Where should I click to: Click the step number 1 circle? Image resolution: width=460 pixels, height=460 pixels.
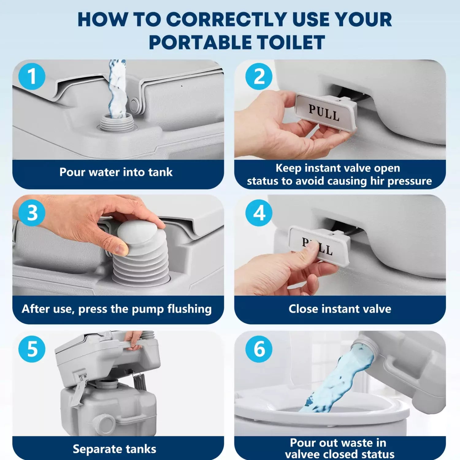pyautogui.click(x=32, y=76)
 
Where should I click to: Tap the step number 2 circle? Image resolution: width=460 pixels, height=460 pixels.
pyautogui.click(x=259, y=76)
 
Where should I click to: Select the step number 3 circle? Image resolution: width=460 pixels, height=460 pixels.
pyautogui.click(x=32, y=213)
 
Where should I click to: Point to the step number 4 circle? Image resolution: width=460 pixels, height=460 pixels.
pyautogui.click(x=259, y=213)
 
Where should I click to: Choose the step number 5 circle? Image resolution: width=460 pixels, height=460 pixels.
pyautogui.click(x=32, y=349)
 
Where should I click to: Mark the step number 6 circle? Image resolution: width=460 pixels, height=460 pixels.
pyautogui.click(x=259, y=349)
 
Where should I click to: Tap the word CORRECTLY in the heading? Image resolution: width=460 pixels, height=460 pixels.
pyautogui.click(x=227, y=20)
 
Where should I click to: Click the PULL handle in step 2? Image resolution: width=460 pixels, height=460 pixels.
pyautogui.click(x=325, y=112)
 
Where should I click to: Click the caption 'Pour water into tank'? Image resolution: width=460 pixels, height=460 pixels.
pyautogui.click(x=116, y=172)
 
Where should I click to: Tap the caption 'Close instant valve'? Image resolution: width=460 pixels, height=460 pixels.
pyautogui.click(x=340, y=309)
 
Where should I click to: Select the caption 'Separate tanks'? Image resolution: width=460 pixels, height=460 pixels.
pyautogui.click(x=114, y=449)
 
